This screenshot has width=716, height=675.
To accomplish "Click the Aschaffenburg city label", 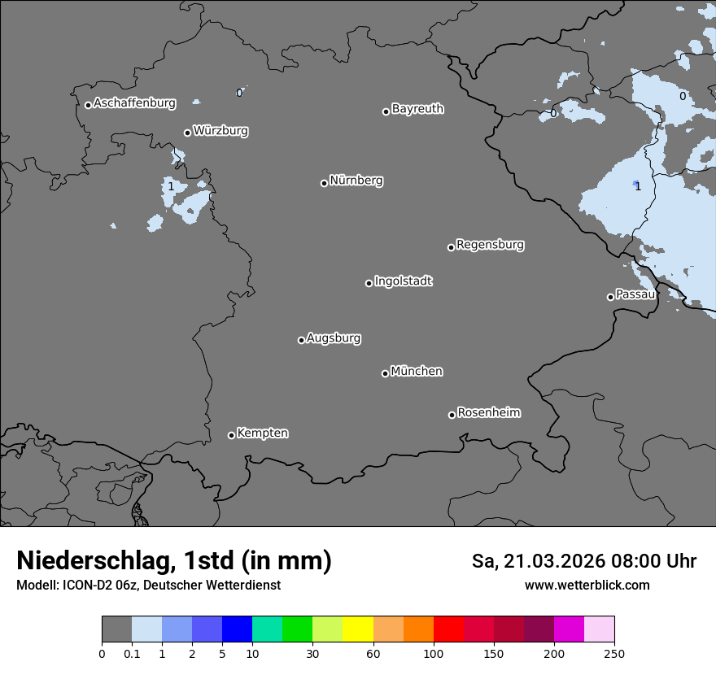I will click(x=134, y=103).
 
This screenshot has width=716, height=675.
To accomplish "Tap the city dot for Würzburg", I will click(x=187, y=133).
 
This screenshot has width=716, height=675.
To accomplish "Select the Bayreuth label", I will click(x=417, y=109).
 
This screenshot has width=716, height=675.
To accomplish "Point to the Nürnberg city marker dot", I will click(x=324, y=183).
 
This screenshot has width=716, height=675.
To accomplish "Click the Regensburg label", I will click(x=490, y=245).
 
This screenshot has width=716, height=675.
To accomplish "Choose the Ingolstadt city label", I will click(x=403, y=281).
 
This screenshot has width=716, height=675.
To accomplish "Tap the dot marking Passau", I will click(x=610, y=297).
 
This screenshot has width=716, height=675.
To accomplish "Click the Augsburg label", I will click(x=334, y=338).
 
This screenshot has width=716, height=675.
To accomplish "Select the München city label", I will click(x=417, y=372).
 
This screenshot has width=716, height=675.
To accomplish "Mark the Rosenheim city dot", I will click(x=452, y=416).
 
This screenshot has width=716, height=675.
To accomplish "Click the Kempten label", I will click(x=262, y=433).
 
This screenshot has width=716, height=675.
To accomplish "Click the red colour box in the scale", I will click(x=448, y=629).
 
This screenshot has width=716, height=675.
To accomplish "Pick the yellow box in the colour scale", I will click(x=358, y=629).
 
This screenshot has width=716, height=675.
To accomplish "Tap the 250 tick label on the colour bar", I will click(x=614, y=653).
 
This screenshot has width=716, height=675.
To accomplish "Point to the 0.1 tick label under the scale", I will click(x=132, y=653).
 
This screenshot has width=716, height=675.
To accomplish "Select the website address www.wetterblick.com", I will click(x=587, y=585).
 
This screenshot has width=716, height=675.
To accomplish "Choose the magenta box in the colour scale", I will click(x=569, y=629).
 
